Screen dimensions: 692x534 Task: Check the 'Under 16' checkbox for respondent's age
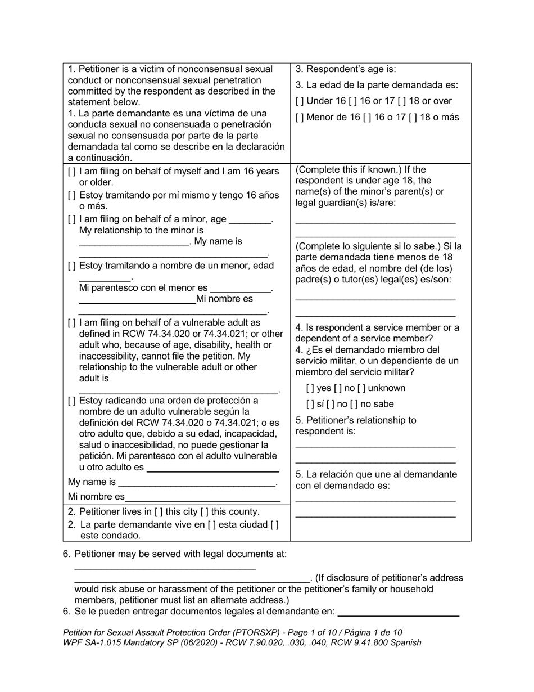click(298, 101)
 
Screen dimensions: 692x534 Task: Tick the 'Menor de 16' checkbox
click(298, 118)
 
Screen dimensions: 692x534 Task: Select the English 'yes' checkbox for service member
click(310, 388)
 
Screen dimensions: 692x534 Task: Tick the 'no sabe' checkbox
click(357, 404)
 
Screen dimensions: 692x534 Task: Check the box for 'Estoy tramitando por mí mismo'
click(71, 195)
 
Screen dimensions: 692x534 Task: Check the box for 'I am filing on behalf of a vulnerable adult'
click(71, 323)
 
